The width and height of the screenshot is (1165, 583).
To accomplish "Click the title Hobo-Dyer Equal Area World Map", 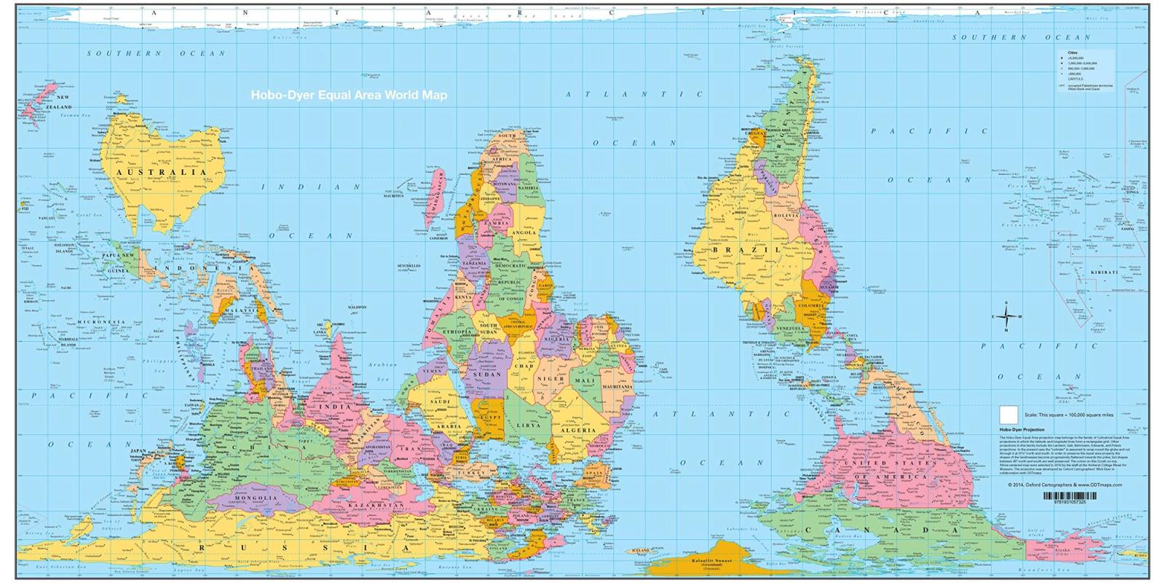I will click(x=349, y=95).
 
